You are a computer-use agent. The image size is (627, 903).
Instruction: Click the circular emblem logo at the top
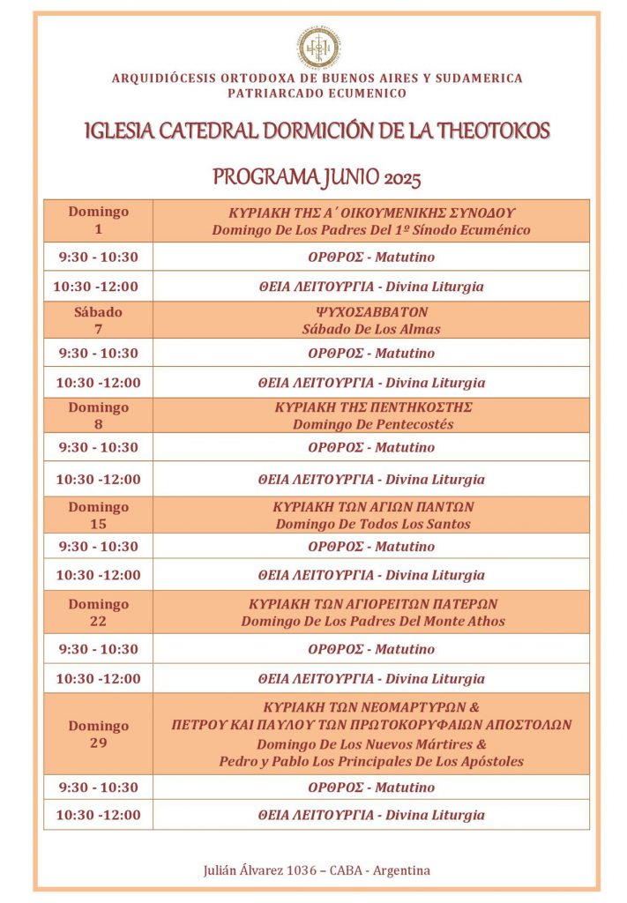(x=317, y=47)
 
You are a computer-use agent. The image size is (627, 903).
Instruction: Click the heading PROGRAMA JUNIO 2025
(x=317, y=178)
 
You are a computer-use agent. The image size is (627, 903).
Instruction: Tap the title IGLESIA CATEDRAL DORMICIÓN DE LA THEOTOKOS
(x=317, y=131)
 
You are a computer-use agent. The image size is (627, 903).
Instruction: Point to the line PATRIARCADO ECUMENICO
(x=317, y=93)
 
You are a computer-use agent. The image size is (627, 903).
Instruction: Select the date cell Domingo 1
(x=98, y=220)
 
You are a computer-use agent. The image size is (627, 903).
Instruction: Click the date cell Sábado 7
(x=98, y=320)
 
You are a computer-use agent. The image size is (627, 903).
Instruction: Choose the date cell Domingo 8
(x=98, y=415)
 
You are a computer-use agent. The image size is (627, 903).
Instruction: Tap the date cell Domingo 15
(x=98, y=515)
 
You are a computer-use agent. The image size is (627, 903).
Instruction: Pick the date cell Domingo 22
(x=98, y=612)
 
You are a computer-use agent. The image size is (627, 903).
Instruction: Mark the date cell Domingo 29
(x=98, y=734)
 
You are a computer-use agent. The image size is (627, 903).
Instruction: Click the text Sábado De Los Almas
(x=371, y=329)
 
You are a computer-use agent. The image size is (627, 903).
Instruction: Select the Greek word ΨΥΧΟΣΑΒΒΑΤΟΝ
(x=371, y=312)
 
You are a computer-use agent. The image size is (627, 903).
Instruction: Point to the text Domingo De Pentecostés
(x=372, y=424)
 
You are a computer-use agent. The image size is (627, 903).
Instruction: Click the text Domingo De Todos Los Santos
(x=372, y=524)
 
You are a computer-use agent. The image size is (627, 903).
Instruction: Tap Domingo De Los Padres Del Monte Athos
(x=372, y=621)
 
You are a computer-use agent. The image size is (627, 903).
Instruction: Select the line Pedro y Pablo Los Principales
(x=371, y=761)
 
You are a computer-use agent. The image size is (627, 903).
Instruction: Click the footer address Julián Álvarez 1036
(x=317, y=870)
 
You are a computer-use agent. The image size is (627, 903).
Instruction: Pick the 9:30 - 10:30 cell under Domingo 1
(x=98, y=257)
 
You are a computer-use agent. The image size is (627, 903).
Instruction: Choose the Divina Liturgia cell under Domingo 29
(x=371, y=815)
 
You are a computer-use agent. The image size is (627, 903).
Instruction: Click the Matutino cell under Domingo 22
(x=371, y=649)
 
